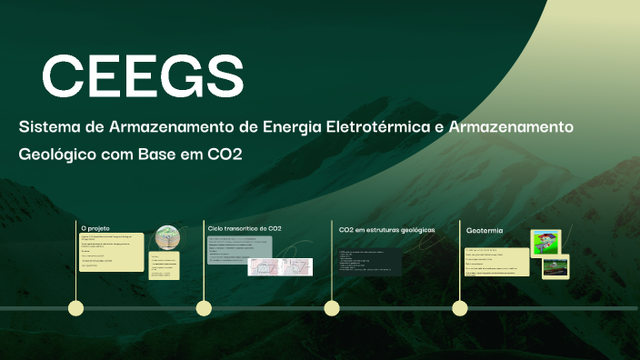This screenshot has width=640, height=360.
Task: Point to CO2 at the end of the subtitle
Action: [224, 154]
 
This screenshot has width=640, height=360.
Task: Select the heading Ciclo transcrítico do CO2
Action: [245, 227]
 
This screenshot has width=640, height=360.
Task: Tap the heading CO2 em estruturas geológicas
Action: [386, 230]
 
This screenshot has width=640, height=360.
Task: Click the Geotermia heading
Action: [485, 230]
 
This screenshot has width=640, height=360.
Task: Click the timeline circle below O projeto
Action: [76, 308]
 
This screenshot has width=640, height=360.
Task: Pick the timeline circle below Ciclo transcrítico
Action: [204, 308]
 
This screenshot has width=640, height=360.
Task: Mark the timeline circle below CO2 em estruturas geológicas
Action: [332, 308]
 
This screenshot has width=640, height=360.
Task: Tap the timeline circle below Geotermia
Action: [459, 308]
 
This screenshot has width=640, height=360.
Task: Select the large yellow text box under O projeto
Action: [112, 252]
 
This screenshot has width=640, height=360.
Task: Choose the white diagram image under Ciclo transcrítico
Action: [280, 266]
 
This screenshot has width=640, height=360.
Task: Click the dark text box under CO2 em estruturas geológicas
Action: [369, 263]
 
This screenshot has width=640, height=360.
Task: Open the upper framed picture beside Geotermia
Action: [545, 242]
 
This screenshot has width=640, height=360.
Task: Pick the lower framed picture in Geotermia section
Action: [555, 267]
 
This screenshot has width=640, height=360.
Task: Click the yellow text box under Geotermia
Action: [501, 263]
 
